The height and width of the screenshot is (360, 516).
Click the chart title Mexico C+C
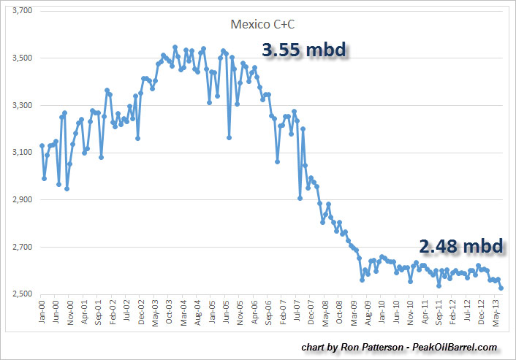(262, 24)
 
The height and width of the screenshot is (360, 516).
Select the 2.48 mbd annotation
(461, 246)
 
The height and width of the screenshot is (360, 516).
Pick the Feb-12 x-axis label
(447, 313)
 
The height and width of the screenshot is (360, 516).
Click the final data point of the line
(501, 288)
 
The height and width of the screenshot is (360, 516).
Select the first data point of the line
(42, 145)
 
